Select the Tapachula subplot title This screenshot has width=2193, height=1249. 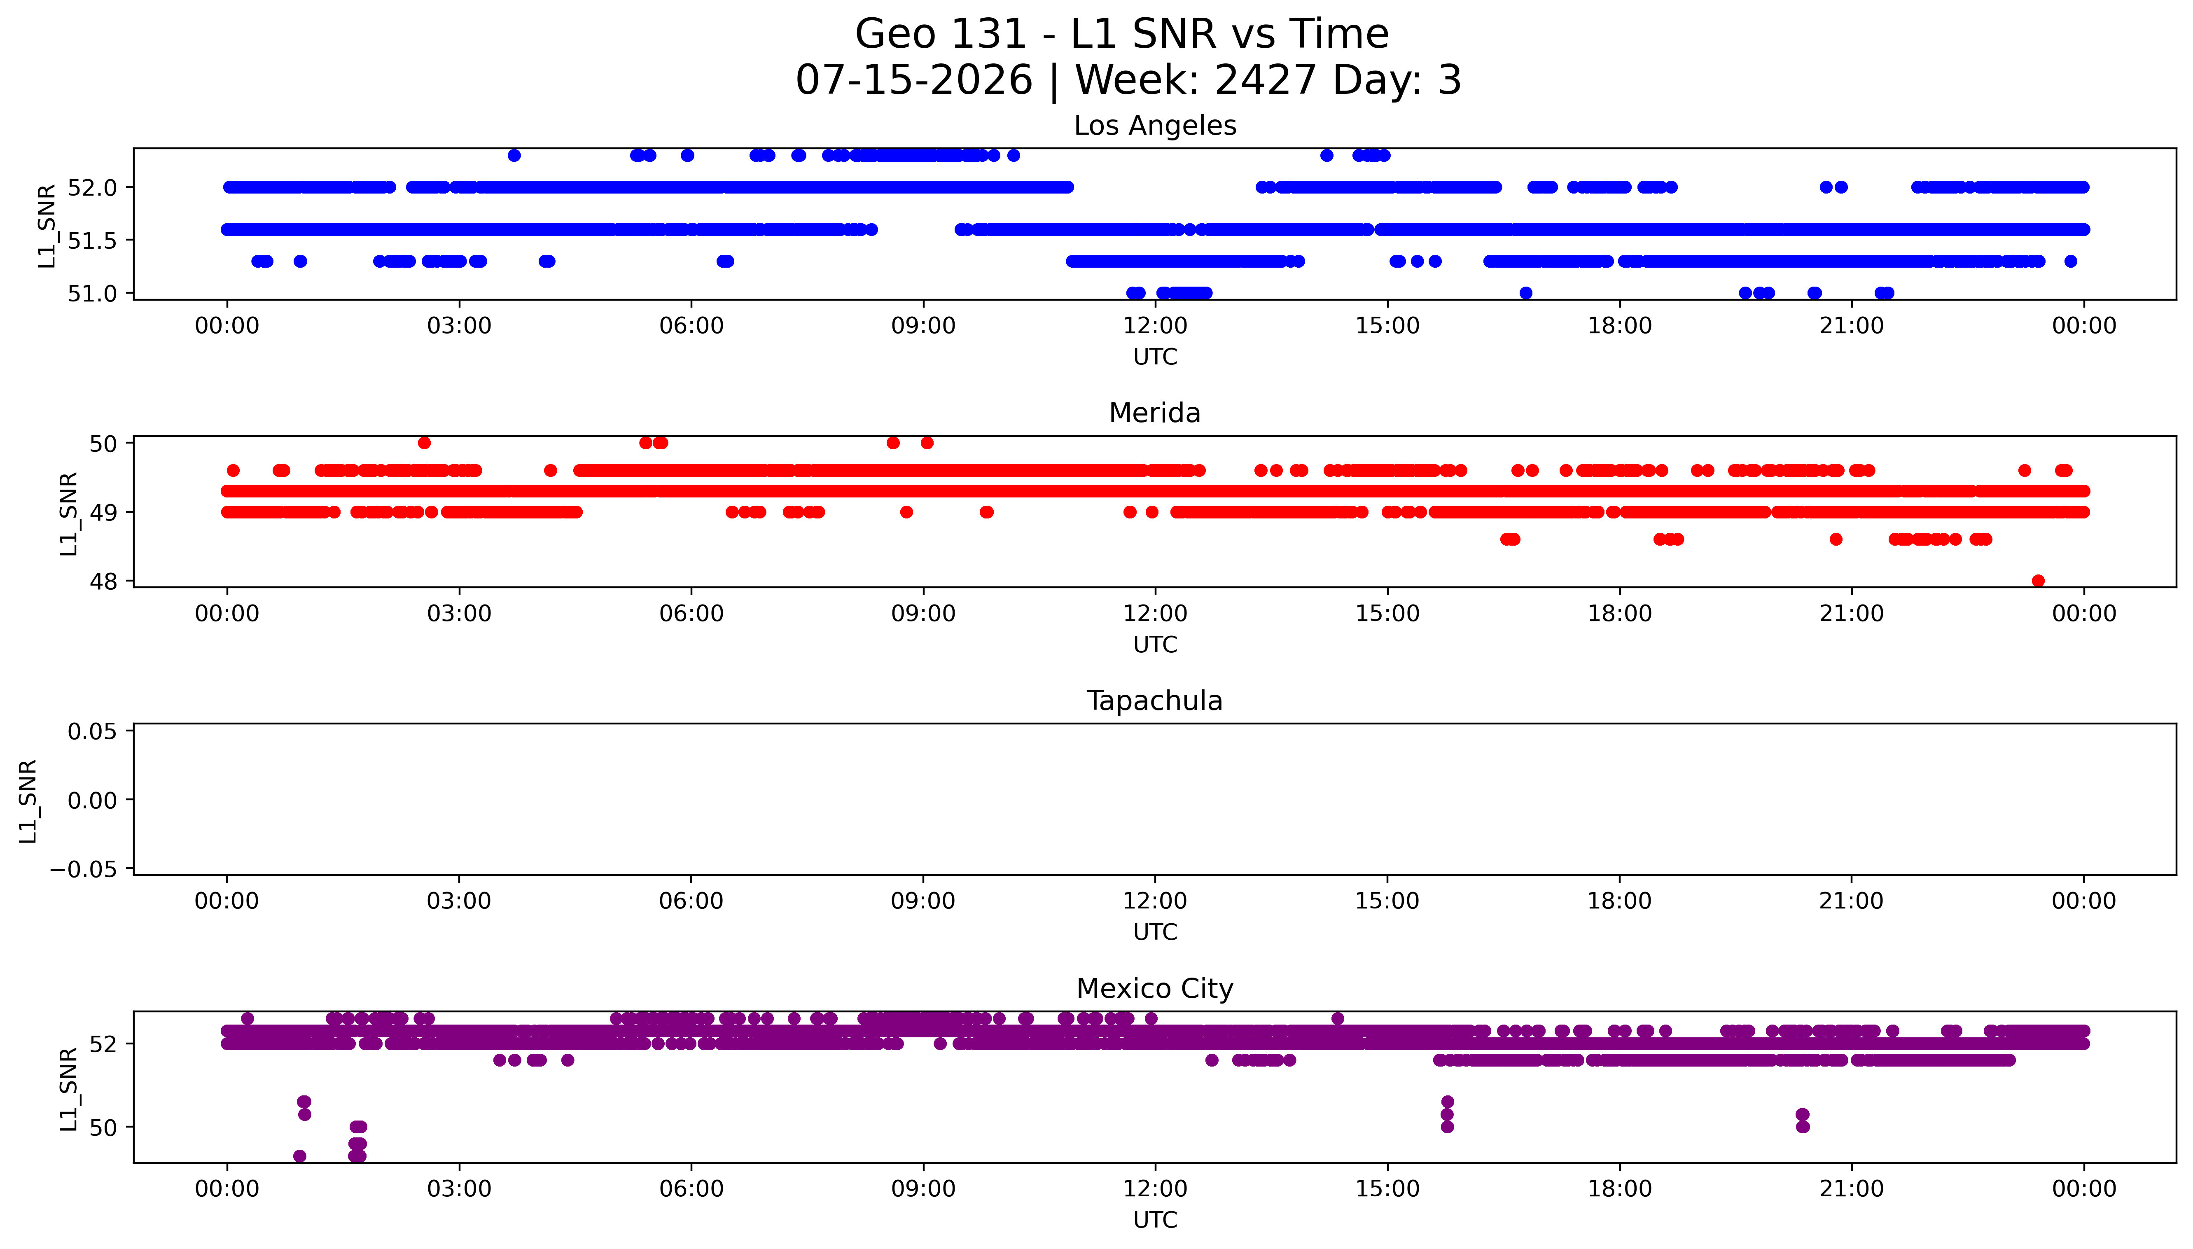pos(1154,701)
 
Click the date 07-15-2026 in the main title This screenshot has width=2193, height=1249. pos(914,80)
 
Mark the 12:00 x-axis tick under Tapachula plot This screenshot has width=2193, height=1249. pos(1155,901)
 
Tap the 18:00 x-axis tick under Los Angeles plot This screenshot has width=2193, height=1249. pos(1619,326)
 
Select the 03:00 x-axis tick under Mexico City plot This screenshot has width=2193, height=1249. pos(459,1189)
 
